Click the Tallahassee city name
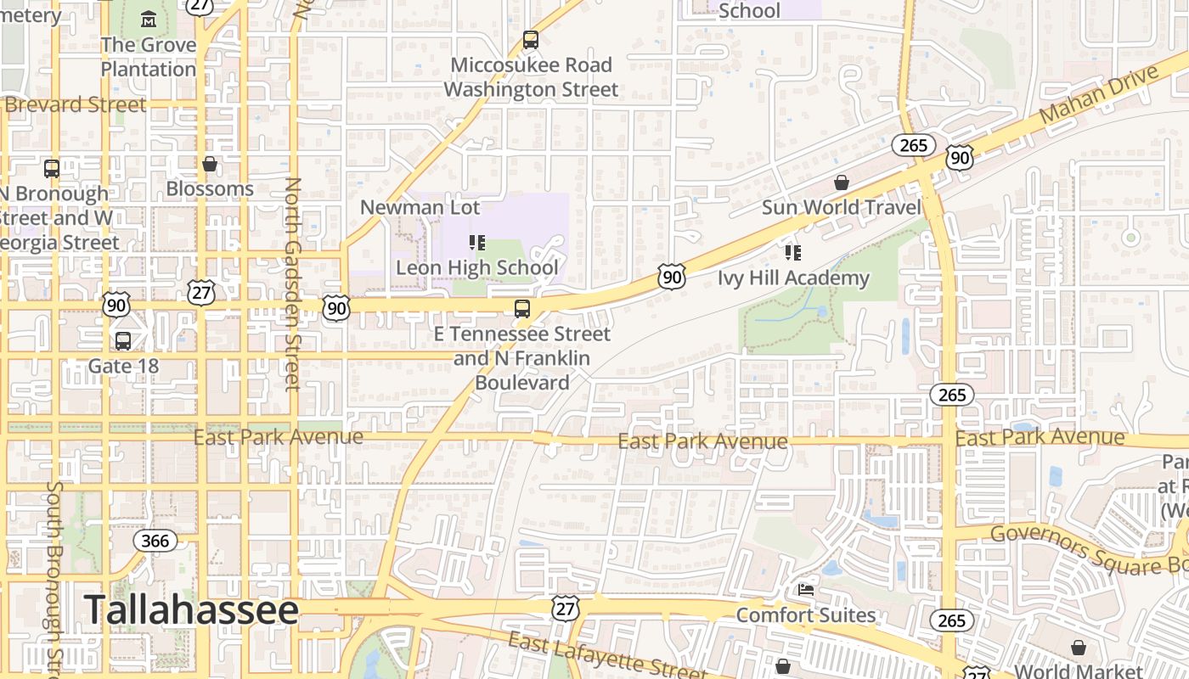(x=191, y=610)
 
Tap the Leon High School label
(x=477, y=268)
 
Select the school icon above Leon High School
(x=477, y=244)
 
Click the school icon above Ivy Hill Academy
(x=793, y=253)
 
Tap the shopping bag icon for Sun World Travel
(x=841, y=182)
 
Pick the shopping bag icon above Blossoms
(x=210, y=164)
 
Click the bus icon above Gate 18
(x=123, y=341)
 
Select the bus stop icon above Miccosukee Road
(x=531, y=40)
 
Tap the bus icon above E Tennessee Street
(x=522, y=309)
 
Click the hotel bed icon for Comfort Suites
(x=805, y=590)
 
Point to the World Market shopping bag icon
(x=1078, y=648)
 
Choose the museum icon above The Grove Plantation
(x=149, y=19)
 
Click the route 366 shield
(x=155, y=541)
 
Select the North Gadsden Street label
(x=292, y=283)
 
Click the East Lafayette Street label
(x=606, y=656)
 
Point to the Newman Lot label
(x=420, y=207)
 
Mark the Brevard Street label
(x=75, y=105)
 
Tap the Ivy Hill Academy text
(x=793, y=278)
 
